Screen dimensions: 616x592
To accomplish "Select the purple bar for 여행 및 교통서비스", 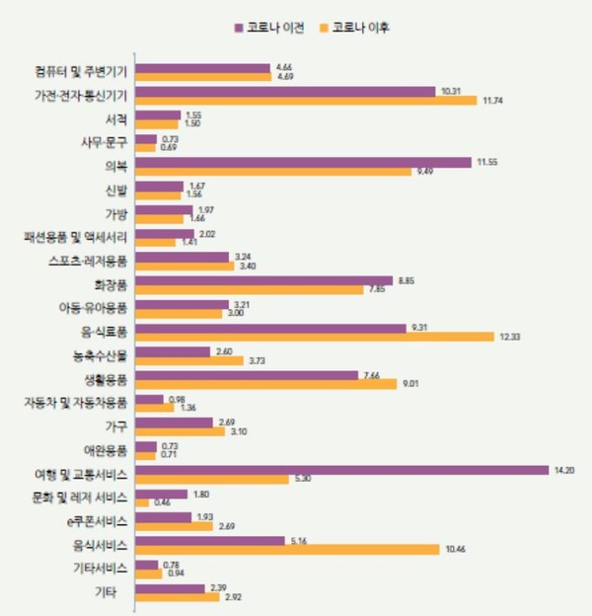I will pyautogui.click(x=341, y=470).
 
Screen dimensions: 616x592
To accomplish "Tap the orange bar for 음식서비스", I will pyautogui.click(x=287, y=549).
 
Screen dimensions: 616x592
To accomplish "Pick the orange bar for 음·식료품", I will pyautogui.click(x=314, y=337).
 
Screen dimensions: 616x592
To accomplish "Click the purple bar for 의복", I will pyautogui.click(x=303, y=162).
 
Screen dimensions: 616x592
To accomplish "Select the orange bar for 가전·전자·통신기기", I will pyautogui.click(x=306, y=100).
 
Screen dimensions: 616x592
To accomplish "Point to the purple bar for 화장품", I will pyautogui.click(x=263, y=280).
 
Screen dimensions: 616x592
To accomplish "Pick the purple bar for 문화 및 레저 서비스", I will pyautogui.click(x=161, y=494).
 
